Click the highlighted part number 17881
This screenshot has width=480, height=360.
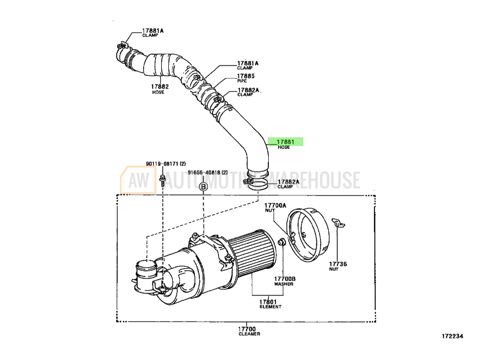point(285,142)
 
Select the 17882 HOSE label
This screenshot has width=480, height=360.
point(159,89)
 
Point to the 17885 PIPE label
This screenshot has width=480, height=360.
point(245,78)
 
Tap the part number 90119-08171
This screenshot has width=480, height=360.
point(162,164)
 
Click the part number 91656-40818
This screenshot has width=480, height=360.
point(204,172)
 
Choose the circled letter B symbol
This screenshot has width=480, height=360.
point(204,186)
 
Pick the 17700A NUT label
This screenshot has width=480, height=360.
point(275,207)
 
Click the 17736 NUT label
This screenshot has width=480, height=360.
point(338,266)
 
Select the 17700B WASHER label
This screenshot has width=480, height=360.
point(285,281)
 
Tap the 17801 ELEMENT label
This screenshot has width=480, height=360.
point(270,304)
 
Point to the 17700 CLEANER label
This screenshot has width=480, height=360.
point(249,331)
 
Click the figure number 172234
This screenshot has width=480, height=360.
point(453,336)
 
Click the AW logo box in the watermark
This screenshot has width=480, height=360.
point(138,180)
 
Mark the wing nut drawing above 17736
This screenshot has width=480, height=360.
point(338,223)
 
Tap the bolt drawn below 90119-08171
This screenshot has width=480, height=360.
point(163,180)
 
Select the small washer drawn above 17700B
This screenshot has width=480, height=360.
point(282,242)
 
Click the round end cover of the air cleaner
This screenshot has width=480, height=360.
point(308,235)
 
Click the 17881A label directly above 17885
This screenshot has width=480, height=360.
point(248,65)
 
